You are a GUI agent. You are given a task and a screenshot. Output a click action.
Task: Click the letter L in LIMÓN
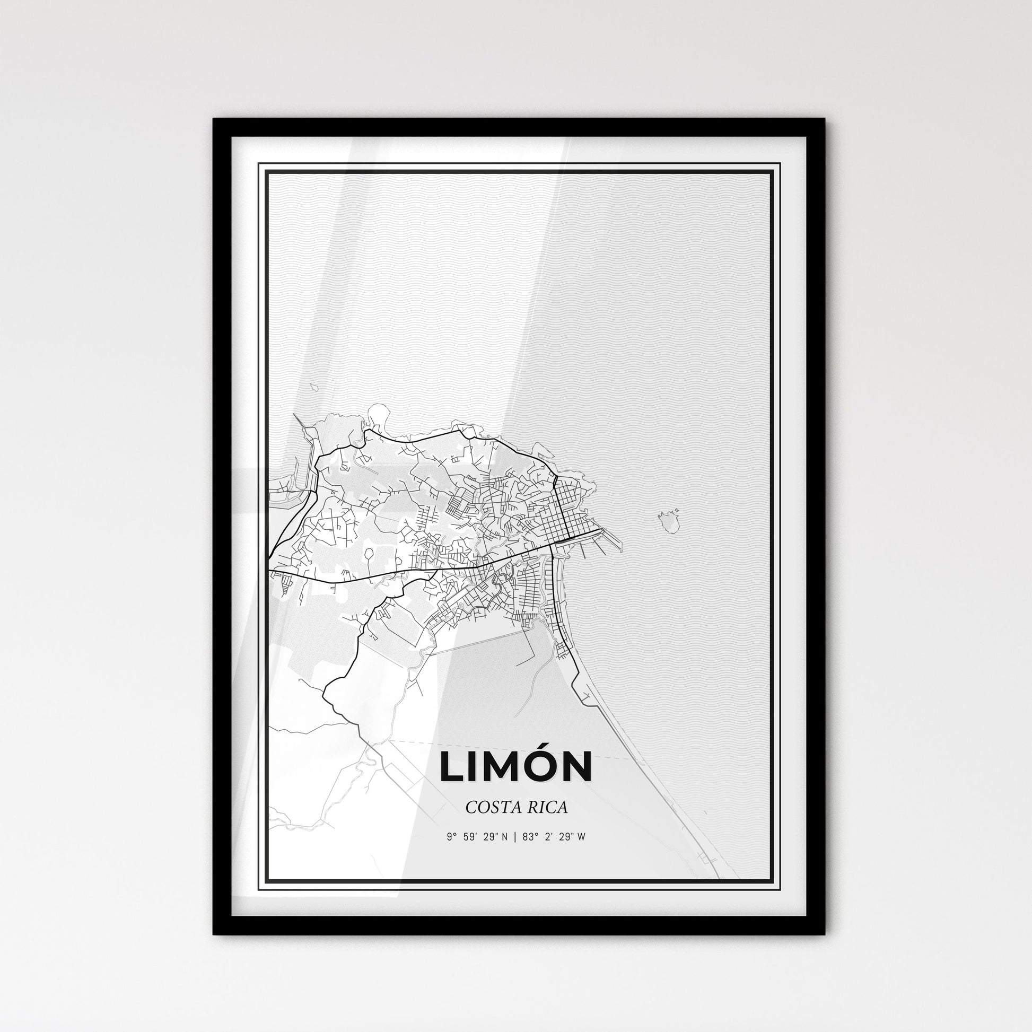click(x=452, y=767)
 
